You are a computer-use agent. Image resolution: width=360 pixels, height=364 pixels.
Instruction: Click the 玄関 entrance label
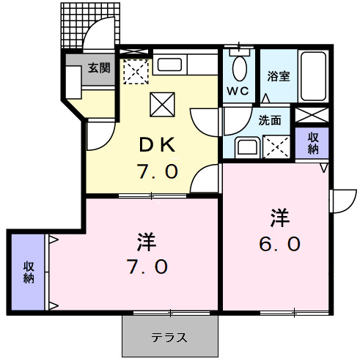(100, 68)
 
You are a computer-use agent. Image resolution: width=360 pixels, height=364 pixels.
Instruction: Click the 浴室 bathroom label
(278, 75)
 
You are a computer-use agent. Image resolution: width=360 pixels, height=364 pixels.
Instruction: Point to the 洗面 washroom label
(269, 120)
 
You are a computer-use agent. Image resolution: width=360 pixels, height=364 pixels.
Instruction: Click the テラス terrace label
(170, 338)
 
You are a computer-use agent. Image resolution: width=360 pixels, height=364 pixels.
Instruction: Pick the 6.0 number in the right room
(279, 245)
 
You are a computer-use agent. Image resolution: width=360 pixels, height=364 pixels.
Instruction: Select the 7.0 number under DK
(157, 172)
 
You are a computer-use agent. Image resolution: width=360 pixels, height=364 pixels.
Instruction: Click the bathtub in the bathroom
(315, 77)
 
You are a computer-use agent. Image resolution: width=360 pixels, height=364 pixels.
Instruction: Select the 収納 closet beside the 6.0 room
(313, 142)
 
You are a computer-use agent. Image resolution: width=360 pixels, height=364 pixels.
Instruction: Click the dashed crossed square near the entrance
(135, 72)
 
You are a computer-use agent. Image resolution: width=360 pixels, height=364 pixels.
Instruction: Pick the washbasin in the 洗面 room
(246, 146)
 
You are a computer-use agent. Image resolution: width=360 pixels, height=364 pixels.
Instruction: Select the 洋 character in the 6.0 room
(279, 218)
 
